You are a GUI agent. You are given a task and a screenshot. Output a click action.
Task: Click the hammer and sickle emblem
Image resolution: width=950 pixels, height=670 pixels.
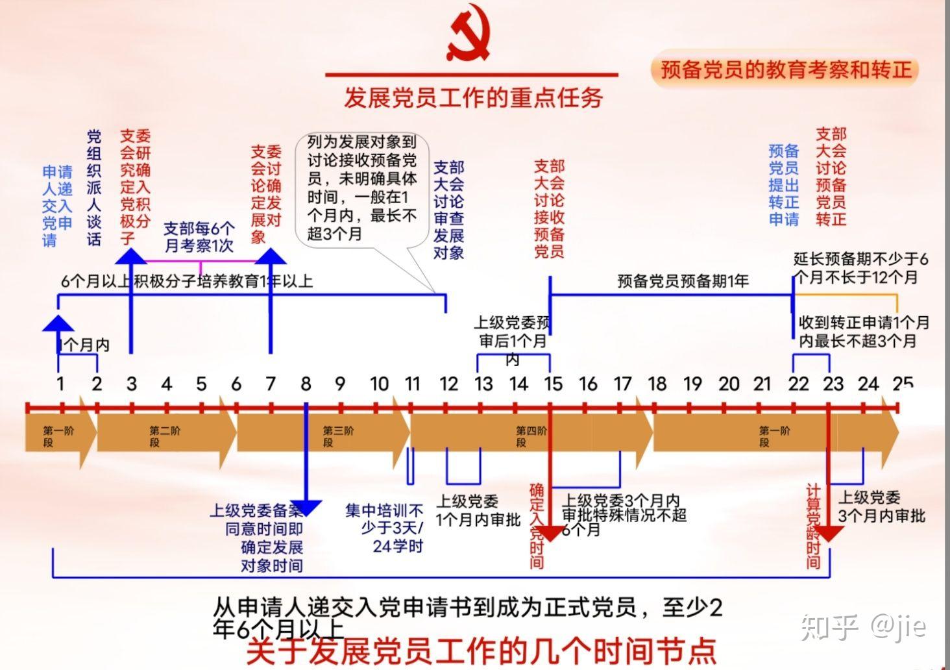click(x=469, y=36)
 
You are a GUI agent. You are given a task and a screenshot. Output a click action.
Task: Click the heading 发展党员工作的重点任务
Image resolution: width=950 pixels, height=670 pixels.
click(x=473, y=97)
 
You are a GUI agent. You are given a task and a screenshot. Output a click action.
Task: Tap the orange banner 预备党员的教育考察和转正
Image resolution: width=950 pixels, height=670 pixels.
click(x=785, y=69)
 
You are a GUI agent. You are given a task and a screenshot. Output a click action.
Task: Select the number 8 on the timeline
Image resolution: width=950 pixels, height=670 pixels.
click(x=306, y=384)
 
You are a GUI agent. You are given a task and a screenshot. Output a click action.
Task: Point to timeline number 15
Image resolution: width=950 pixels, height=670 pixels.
click(x=553, y=384)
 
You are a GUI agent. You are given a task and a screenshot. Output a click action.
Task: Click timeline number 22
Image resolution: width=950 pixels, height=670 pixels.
click(x=798, y=384)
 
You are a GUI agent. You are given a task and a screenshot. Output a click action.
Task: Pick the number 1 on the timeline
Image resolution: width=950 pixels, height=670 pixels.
click(x=60, y=384)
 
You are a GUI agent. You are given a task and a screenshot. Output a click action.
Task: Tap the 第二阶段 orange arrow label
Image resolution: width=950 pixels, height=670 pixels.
click(x=165, y=436)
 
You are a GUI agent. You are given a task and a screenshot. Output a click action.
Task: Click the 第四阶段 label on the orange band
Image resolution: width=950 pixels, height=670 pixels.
click(x=531, y=436)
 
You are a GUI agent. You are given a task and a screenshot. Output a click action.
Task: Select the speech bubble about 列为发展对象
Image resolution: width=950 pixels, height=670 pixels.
click(x=361, y=188)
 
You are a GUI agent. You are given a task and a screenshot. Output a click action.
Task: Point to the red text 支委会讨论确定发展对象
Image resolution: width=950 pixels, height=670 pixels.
click(x=266, y=194)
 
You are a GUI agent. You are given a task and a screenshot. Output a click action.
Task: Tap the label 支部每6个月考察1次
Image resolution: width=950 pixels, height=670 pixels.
click(x=199, y=237)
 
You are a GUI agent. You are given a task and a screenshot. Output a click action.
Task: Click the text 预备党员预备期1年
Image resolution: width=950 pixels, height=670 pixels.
click(x=683, y=281)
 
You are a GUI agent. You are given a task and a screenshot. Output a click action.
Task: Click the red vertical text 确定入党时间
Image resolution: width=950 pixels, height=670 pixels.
click(x=537, y=526)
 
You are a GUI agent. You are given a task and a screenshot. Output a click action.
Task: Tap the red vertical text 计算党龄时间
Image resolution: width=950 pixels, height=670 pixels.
click(x=813, y=526)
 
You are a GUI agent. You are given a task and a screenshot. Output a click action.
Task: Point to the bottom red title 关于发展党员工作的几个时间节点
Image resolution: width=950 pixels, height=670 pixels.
click(x=481, y=651)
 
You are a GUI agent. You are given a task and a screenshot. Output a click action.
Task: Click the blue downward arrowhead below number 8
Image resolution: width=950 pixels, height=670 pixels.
click(x=306, y=507)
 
